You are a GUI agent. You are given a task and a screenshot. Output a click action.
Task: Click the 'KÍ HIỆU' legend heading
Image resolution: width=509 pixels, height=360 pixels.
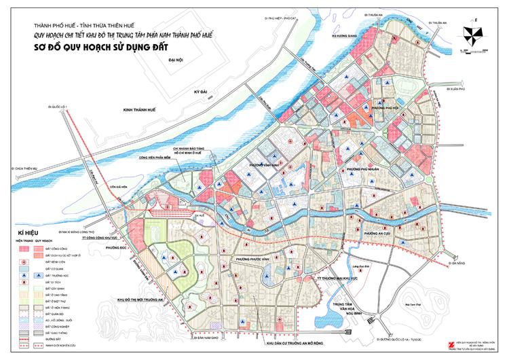[x=20, y=232]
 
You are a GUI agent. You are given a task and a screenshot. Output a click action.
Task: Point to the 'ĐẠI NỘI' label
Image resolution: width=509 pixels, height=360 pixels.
[x=178, y=60]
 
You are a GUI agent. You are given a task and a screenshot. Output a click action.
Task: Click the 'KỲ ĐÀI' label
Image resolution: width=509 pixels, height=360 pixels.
[x=200, y=90]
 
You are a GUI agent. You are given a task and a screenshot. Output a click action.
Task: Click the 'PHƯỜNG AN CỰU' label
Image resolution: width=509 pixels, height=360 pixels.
[x=377, y=233]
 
